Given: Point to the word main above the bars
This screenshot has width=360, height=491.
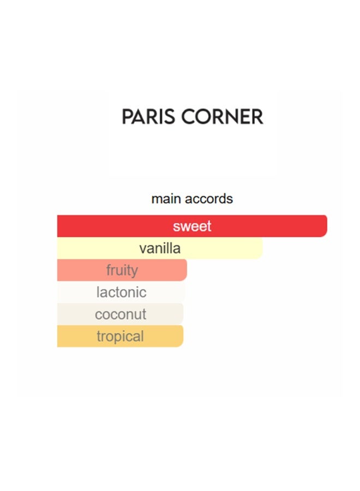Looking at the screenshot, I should pyautogui.click(x=165, y=199).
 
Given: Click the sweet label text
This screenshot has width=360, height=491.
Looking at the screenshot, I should pyautogui.click(x=192, y=226).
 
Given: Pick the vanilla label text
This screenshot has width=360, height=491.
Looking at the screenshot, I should pyautogui.click(x=160, y=249).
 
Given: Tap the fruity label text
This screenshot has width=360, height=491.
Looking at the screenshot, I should pyautogui.click(x=122, y=271).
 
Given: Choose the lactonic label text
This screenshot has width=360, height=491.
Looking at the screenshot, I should pyautogui.click(x=122, y=292).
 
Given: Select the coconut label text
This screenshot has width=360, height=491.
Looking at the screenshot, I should pyautogui.click(x=121, y=315).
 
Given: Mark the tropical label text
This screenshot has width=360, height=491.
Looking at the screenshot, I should pyautogui.click(x=121, y=337).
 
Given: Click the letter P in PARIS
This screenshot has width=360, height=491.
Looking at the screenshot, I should pyautogui.click(x=127, y=117).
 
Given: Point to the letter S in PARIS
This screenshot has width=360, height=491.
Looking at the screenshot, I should pyautogui.click(x=170, y=117).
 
